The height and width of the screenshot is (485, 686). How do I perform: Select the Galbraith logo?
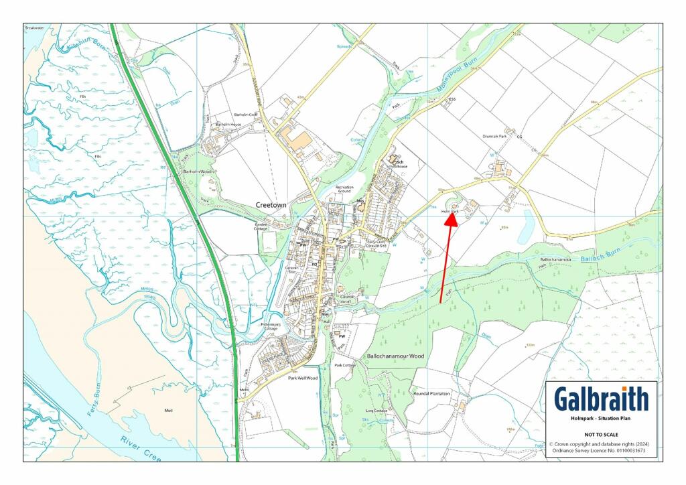pos(601,399)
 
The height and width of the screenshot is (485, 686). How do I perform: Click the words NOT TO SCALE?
pos(601,434)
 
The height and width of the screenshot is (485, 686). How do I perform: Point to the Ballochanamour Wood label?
pos(395,356)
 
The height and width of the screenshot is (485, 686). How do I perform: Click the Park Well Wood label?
pos(302,378)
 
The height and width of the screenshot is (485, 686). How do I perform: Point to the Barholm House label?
pos(228,125)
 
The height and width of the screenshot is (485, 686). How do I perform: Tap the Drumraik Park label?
pos(494,136)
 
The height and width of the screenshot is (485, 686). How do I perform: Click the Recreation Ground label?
pos(344,190)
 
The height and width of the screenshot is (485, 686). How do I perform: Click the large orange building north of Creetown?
pos(299,141)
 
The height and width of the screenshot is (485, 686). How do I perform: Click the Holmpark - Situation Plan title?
pos(601,419)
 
